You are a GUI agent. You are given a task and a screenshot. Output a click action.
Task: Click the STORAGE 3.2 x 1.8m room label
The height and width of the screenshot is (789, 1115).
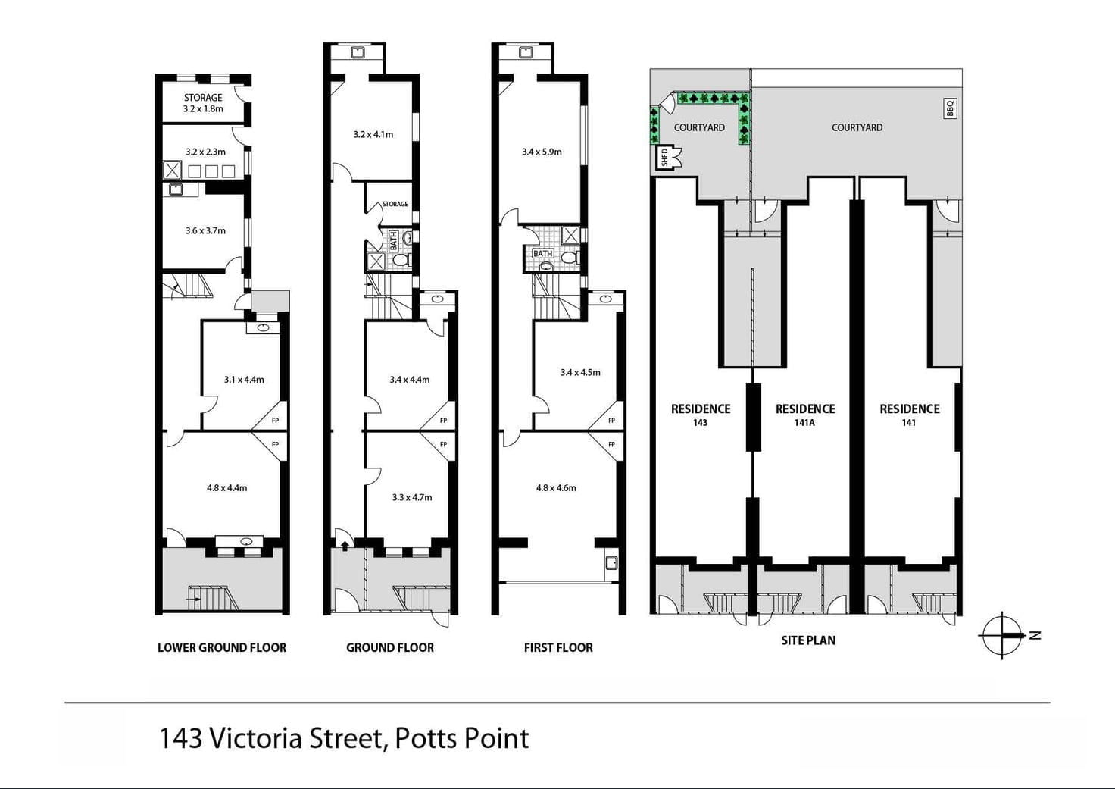point(203,103)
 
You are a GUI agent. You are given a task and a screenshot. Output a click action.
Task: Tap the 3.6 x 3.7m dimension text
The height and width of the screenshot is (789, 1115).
point(205,230)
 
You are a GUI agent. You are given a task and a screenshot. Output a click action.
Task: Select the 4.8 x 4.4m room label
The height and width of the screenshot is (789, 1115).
point(226,487)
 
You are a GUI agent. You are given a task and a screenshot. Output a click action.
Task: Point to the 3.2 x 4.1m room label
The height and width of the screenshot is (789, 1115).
point(373,134)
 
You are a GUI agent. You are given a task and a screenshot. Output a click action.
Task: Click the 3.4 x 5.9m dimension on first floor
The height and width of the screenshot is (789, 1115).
point(542,152)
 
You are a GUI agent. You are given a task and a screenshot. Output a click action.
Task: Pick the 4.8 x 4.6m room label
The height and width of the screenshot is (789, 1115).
point(556,487)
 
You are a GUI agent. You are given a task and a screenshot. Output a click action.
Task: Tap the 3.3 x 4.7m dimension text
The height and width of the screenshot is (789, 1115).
point(412,497)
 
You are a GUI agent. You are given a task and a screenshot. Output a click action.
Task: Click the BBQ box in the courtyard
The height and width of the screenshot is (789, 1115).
point(950,108)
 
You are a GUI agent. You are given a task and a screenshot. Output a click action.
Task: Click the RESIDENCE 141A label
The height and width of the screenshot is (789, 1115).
point(805,414)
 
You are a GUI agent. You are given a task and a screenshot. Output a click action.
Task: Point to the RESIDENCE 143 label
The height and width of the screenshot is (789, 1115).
point(701,414)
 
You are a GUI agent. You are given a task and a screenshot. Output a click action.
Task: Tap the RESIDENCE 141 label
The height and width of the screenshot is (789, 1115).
point(909,414)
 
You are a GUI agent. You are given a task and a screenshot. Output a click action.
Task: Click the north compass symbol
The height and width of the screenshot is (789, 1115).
point(1004,634)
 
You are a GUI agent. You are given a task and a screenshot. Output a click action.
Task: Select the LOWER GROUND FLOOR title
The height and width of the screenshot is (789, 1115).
point(222,647)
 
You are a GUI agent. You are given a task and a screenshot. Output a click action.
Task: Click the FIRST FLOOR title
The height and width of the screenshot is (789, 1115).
point(558,647)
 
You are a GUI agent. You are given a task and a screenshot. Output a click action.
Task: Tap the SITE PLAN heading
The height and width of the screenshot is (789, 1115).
point(808,640)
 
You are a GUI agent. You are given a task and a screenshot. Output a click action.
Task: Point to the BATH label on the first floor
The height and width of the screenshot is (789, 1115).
point(542,254)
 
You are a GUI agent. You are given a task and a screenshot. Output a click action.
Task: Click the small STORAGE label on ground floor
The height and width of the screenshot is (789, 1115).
point(395,204)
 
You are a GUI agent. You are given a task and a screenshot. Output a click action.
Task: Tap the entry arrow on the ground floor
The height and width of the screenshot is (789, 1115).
point(345,544)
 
